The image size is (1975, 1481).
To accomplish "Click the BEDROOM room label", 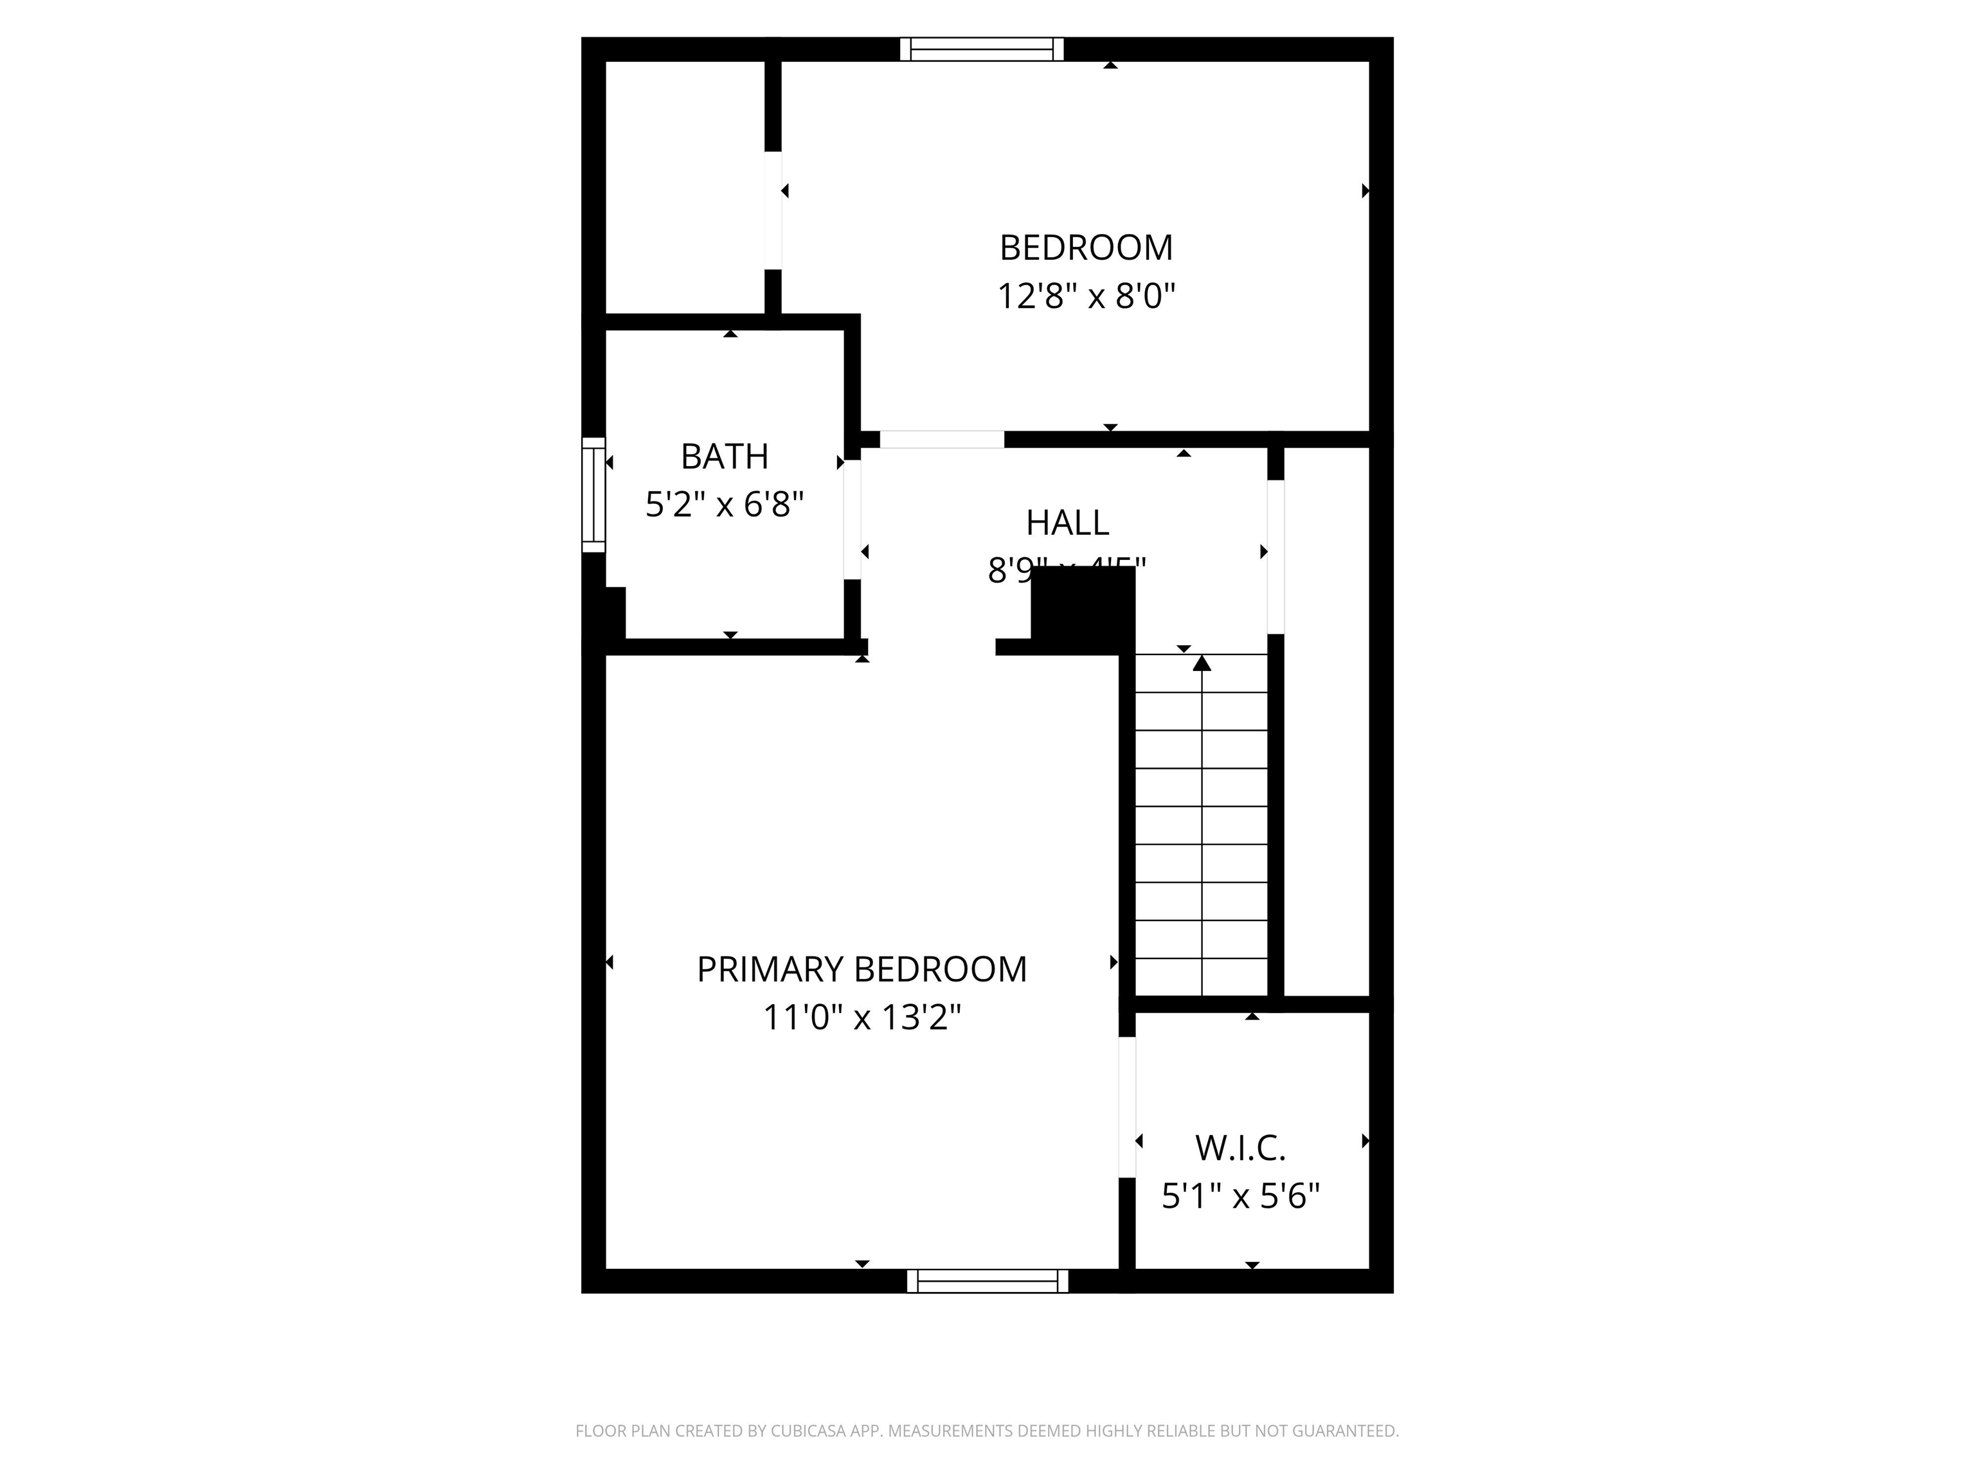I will (x=1086, y=248).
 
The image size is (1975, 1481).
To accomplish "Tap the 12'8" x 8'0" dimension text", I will (x=1086, y=296).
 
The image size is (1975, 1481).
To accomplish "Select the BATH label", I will (x=724, y=457).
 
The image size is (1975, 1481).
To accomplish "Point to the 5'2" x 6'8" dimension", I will (x=724, y=505).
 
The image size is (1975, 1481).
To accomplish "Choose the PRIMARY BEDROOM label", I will (x=861, y=969).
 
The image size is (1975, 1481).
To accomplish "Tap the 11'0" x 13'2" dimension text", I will (x=861, y=1018).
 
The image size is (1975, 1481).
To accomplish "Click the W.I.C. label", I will (x=1240, y=1149).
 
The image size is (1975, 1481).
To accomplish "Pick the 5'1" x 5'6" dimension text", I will (x=1240, y=1196).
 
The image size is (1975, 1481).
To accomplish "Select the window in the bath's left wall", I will (x=593, y=494).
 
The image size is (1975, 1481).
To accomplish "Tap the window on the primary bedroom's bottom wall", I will (x=987, y=1281).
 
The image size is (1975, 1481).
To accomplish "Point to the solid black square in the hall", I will (x=1082, y=604).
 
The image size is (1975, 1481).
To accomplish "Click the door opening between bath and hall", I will (x=852, y=519).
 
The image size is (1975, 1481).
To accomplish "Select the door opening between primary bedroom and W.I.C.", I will (x=1127, y=1107).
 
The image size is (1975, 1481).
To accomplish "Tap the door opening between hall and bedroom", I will (x=942, y=439).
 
